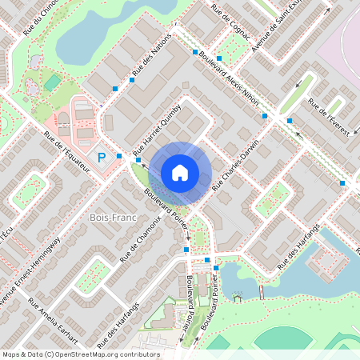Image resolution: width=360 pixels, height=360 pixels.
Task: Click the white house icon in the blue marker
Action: pyautogui.click(x=180, y=171)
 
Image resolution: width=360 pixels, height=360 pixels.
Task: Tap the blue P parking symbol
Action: pyautogui.click(x=102, y=158)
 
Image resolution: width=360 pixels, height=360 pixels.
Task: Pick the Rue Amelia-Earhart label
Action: pyautogui.click(x=51, y=315)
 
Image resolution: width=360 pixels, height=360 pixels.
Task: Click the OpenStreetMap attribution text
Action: pyautogui.click(x=81, y=354)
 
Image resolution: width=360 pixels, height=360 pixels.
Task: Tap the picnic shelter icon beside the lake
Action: pyautogui.click(x=237, y=298)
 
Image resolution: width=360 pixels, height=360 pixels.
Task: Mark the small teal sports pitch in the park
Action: pyautogui.click(x=52, y=82)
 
